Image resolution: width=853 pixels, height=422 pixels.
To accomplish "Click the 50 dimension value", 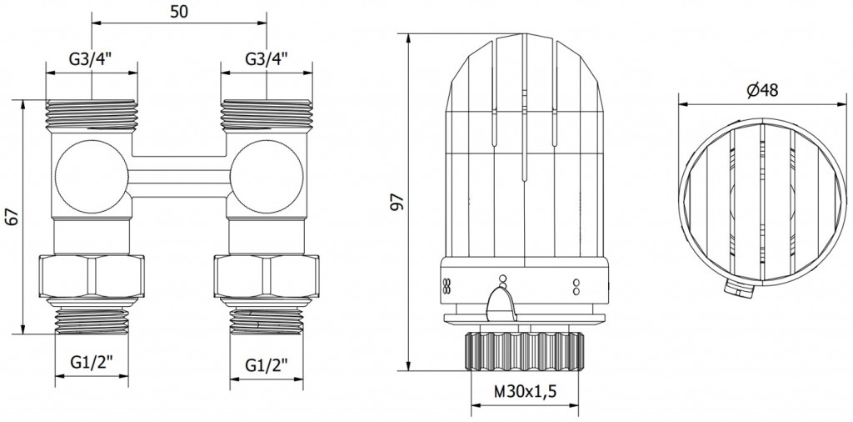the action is coord(179,12).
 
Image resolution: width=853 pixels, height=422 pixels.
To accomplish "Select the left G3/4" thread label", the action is coord(90,59).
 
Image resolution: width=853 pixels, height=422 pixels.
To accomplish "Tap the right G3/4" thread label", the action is coord(267,59).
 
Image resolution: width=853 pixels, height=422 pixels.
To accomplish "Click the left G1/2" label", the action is coord(92,362).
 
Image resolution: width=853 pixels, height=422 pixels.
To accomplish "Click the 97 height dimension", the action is coord(399,202).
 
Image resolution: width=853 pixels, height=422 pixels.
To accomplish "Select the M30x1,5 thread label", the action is coord(525,391).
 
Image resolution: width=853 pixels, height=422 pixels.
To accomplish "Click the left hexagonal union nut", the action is coord(92,276).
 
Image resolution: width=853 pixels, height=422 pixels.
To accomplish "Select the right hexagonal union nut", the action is coord(267,276).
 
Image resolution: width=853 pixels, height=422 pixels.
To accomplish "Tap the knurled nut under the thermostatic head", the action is coord(525,351).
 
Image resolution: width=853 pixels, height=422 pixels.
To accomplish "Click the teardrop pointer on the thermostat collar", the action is coord(501,304).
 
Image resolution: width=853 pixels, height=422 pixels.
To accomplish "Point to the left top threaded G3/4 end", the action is coord(92,115).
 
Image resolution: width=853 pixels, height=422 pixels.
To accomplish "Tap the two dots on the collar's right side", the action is coord(576,287).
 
